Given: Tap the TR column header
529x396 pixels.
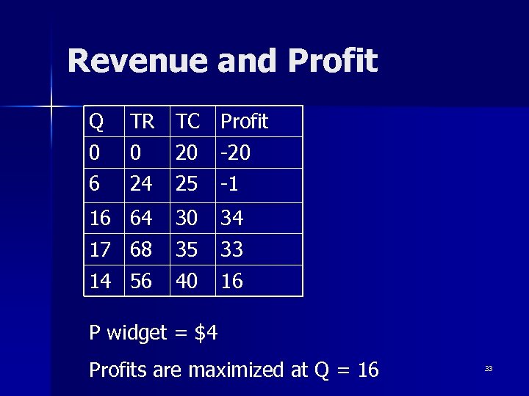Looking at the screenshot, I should (143, 122).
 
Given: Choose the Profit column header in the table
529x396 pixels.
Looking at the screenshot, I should (245, 122).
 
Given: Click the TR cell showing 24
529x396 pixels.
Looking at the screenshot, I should (141, 184).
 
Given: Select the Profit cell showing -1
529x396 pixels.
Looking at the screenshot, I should (231, 184).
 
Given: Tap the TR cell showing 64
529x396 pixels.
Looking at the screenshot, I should (141, 218).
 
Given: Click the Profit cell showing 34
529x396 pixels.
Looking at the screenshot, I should (232, 218).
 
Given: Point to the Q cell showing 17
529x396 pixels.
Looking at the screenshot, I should (101, 249).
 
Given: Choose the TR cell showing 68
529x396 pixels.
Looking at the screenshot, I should (141, 249).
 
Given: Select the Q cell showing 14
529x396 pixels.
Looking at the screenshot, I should (101, 281).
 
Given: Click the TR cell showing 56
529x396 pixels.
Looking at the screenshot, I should (141, 281).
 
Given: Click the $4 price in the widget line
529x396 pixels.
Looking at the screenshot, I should (206, 334).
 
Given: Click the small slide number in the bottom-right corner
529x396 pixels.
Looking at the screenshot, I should (488, 369).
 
